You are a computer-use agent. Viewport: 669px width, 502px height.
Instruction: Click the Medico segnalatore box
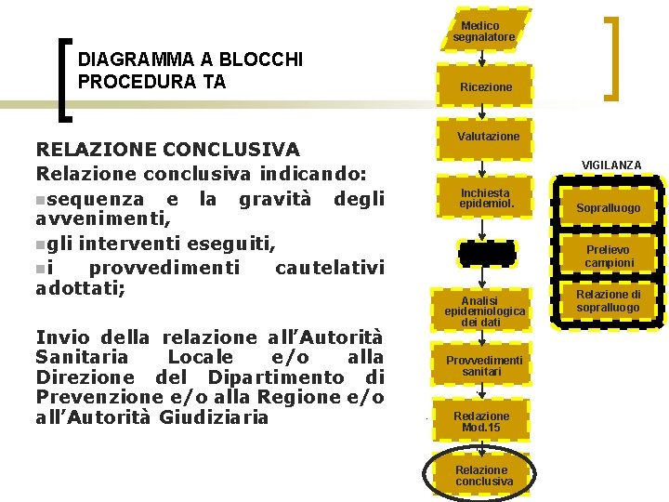(x=483, y=31)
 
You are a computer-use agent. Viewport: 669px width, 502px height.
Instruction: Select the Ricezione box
(x=484, y=86)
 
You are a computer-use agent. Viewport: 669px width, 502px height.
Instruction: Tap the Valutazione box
(x=488, y=137)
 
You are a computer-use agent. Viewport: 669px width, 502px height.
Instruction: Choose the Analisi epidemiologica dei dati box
(x=484, y=310)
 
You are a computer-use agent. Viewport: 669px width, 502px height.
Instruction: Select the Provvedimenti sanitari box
(x=484, y=365)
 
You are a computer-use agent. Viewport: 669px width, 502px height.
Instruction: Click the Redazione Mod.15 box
(x=481, y=421)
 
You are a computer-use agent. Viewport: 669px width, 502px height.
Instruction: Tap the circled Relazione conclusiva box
(x=483, y=475)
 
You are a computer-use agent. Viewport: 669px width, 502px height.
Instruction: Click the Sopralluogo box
(x=608, y=208)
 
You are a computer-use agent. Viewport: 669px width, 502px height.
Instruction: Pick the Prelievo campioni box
(x=609, y=257)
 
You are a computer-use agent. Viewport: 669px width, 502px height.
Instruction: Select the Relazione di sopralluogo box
(x=608, y=301)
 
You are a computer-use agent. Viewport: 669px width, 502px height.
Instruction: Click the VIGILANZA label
(x=610, y=165)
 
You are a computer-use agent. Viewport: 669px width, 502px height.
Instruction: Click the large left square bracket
(x=64, y=79)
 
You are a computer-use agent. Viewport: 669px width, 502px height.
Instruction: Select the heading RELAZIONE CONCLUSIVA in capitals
(x=167, y=149)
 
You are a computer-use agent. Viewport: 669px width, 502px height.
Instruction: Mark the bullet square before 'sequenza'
(x=39, y=199)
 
